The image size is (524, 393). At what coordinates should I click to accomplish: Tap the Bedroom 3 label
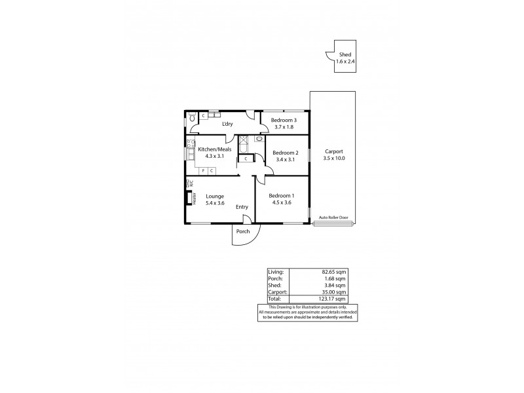(284, 121)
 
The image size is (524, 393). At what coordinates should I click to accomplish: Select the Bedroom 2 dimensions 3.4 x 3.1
(285, 159)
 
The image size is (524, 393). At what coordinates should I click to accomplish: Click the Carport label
(333, 151)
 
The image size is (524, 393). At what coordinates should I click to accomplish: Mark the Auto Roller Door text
(333, 217)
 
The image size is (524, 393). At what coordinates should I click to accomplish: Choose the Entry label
(242, 207)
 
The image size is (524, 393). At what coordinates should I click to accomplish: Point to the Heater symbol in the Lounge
(188, 198)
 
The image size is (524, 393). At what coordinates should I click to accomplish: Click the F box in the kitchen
(204, 170)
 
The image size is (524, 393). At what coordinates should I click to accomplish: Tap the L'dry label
(227, 124)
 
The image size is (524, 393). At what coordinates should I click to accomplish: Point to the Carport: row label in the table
(276, 292)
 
